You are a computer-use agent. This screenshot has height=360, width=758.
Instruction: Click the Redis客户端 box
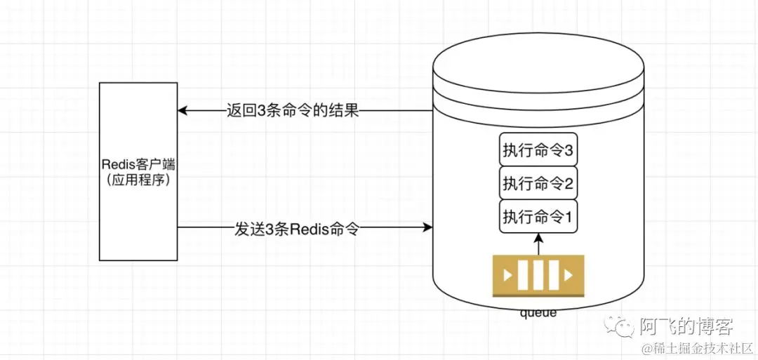click(x=138, y=171)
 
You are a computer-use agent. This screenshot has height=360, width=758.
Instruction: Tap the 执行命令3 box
click(x=538, y=150)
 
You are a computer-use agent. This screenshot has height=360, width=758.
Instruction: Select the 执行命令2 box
click(x=538, y=184)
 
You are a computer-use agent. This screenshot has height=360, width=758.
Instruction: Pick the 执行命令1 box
click(x=538, y=218)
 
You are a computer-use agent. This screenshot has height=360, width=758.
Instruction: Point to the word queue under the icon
click(x=538, y=312)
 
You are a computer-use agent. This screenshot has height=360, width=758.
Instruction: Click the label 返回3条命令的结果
click(x=293, y=111)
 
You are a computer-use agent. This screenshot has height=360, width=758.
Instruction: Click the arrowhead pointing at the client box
click(x=182, y=111)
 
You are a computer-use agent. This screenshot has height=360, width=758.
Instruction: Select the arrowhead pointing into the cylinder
click(x=427, y=227)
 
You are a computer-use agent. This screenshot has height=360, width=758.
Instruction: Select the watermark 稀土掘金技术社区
click(x=702, y=348)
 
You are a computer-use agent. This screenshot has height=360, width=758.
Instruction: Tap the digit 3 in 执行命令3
click(x=569, y=151)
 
